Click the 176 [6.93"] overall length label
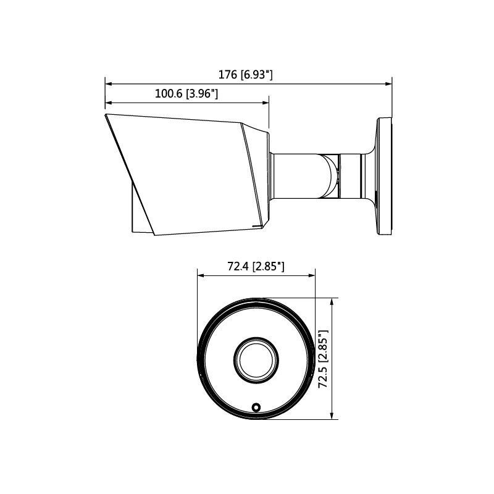pyautogui.click(x=246, y=75)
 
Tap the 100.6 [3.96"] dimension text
pyautogui.click(x=186, y=94)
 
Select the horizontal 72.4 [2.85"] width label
pyautogui.click(x=256, y=266)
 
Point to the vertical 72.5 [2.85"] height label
pyautogui.click(x=322, y=359)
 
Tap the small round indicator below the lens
pyautogui.click(x=254, y=407)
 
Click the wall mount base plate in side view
pyautogui.click(x=384, y=177)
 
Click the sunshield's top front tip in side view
pyautogui.click(x=106, y=115)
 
